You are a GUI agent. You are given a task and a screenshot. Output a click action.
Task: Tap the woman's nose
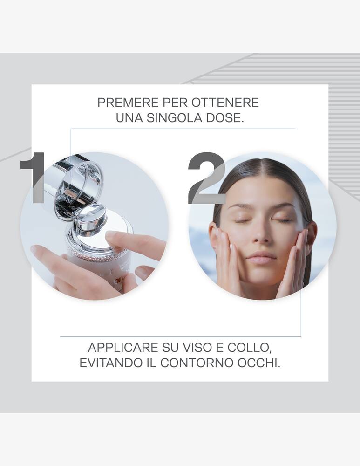coord(262,237)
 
